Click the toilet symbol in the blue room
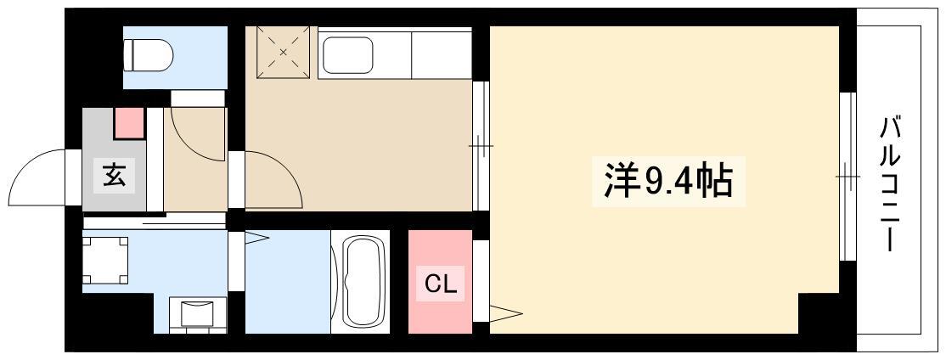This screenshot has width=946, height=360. point(148,55)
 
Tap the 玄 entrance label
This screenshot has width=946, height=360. point(114,175)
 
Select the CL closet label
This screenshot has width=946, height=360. point(441,284)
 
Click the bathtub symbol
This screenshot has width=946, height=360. point(363,282)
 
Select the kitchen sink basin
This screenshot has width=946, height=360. point(347,55)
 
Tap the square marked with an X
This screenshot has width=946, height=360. point(283,52)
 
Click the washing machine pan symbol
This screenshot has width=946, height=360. point(105,260)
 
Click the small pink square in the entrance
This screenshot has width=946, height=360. point(129,122)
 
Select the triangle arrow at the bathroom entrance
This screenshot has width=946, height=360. point(256,239)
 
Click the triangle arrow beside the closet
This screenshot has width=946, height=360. point(505,313)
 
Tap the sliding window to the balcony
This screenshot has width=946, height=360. point(848,176)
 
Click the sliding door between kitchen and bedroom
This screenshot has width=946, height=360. point(481,146)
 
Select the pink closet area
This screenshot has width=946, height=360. point(441,282)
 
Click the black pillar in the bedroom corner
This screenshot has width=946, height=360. point(819,313)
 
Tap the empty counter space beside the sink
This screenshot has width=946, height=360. point(441,55)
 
